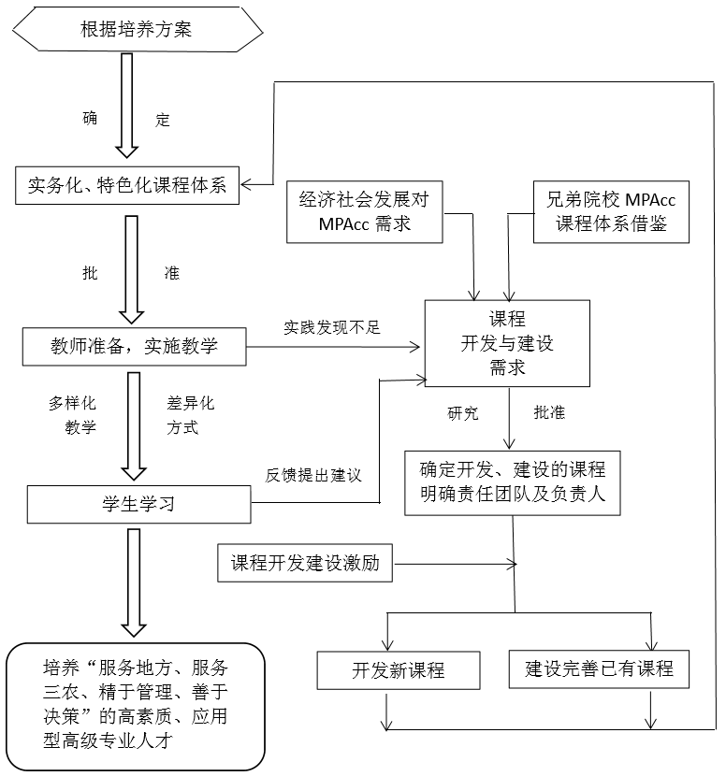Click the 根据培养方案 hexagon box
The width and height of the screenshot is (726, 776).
coord(136,30)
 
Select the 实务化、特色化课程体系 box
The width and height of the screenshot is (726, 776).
coord(127,184)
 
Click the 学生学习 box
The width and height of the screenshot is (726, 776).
coord(139,505)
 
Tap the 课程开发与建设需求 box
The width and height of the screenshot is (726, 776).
coord(507,343)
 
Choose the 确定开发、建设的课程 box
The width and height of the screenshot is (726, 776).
coord(512,482)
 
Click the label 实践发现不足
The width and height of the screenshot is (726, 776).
coord(333,328)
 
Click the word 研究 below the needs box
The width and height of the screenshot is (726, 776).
coord(463,411)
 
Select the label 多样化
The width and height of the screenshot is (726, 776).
coord(74,404)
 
